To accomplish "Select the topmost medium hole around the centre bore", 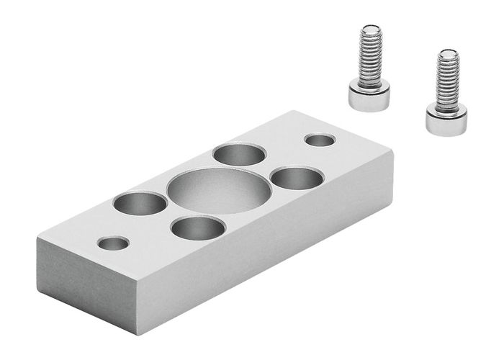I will [238, 154].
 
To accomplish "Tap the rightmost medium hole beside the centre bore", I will [297, 177].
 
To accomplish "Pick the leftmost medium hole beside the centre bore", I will [140, 203].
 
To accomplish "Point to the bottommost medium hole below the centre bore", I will [198, 228].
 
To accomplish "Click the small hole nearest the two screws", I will [319, 139].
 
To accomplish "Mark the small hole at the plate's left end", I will [114, 243].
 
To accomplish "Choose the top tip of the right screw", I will [449, 53].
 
